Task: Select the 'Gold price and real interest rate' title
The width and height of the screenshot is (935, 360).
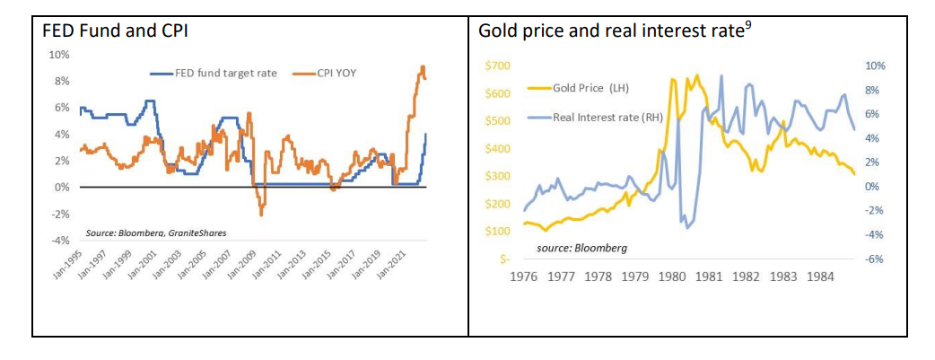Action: (611, 31)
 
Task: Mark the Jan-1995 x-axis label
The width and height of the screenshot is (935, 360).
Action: (67, 265)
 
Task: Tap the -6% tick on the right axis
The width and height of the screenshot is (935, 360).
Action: (874, 259)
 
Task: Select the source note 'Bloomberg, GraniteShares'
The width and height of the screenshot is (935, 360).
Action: (156, 233)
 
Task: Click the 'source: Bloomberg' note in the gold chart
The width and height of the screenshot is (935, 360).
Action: (581, 247)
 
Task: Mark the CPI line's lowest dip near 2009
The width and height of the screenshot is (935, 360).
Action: (261, 215)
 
